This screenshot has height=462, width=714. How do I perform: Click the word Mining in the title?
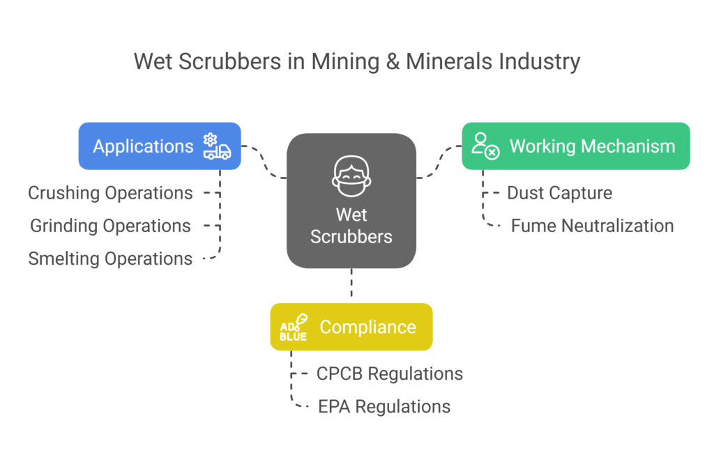pyautogui.click(x=338, y=61)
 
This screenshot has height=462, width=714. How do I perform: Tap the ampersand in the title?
pyautogui.click(x=388, y=61)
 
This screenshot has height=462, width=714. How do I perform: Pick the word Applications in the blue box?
pyautogui.click(x=143, y=146)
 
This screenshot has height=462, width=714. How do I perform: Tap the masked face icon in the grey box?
pyautogui.click(x=351, y=176)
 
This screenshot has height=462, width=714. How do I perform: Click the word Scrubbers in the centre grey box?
pyautogui.click(x=351, y=236)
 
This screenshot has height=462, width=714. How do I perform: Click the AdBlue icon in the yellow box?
pyautogui.click(x=294, y=328)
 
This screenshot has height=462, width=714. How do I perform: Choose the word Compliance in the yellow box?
pyautogui.click(x=367, y=328)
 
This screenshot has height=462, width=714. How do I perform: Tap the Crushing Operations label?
pyautogui.click(x=110, y=193)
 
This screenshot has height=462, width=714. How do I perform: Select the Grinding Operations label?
pyautogui.click(x=110, y=226)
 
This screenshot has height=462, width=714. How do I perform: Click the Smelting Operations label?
pyautogui.click(x=110, y=259)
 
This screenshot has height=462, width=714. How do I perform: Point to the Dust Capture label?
pyautogui.click(x=559, y=193)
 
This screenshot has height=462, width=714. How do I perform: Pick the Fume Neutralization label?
pyautogui.click(x=592, y=226)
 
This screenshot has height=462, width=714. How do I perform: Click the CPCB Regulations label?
pyautogui.click(x=389, y=374)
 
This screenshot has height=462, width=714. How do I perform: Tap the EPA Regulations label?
pyautogui.click(x=384, y=406)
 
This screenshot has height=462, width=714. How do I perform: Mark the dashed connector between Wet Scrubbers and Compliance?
pyautogui.click(x=351, y=285)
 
